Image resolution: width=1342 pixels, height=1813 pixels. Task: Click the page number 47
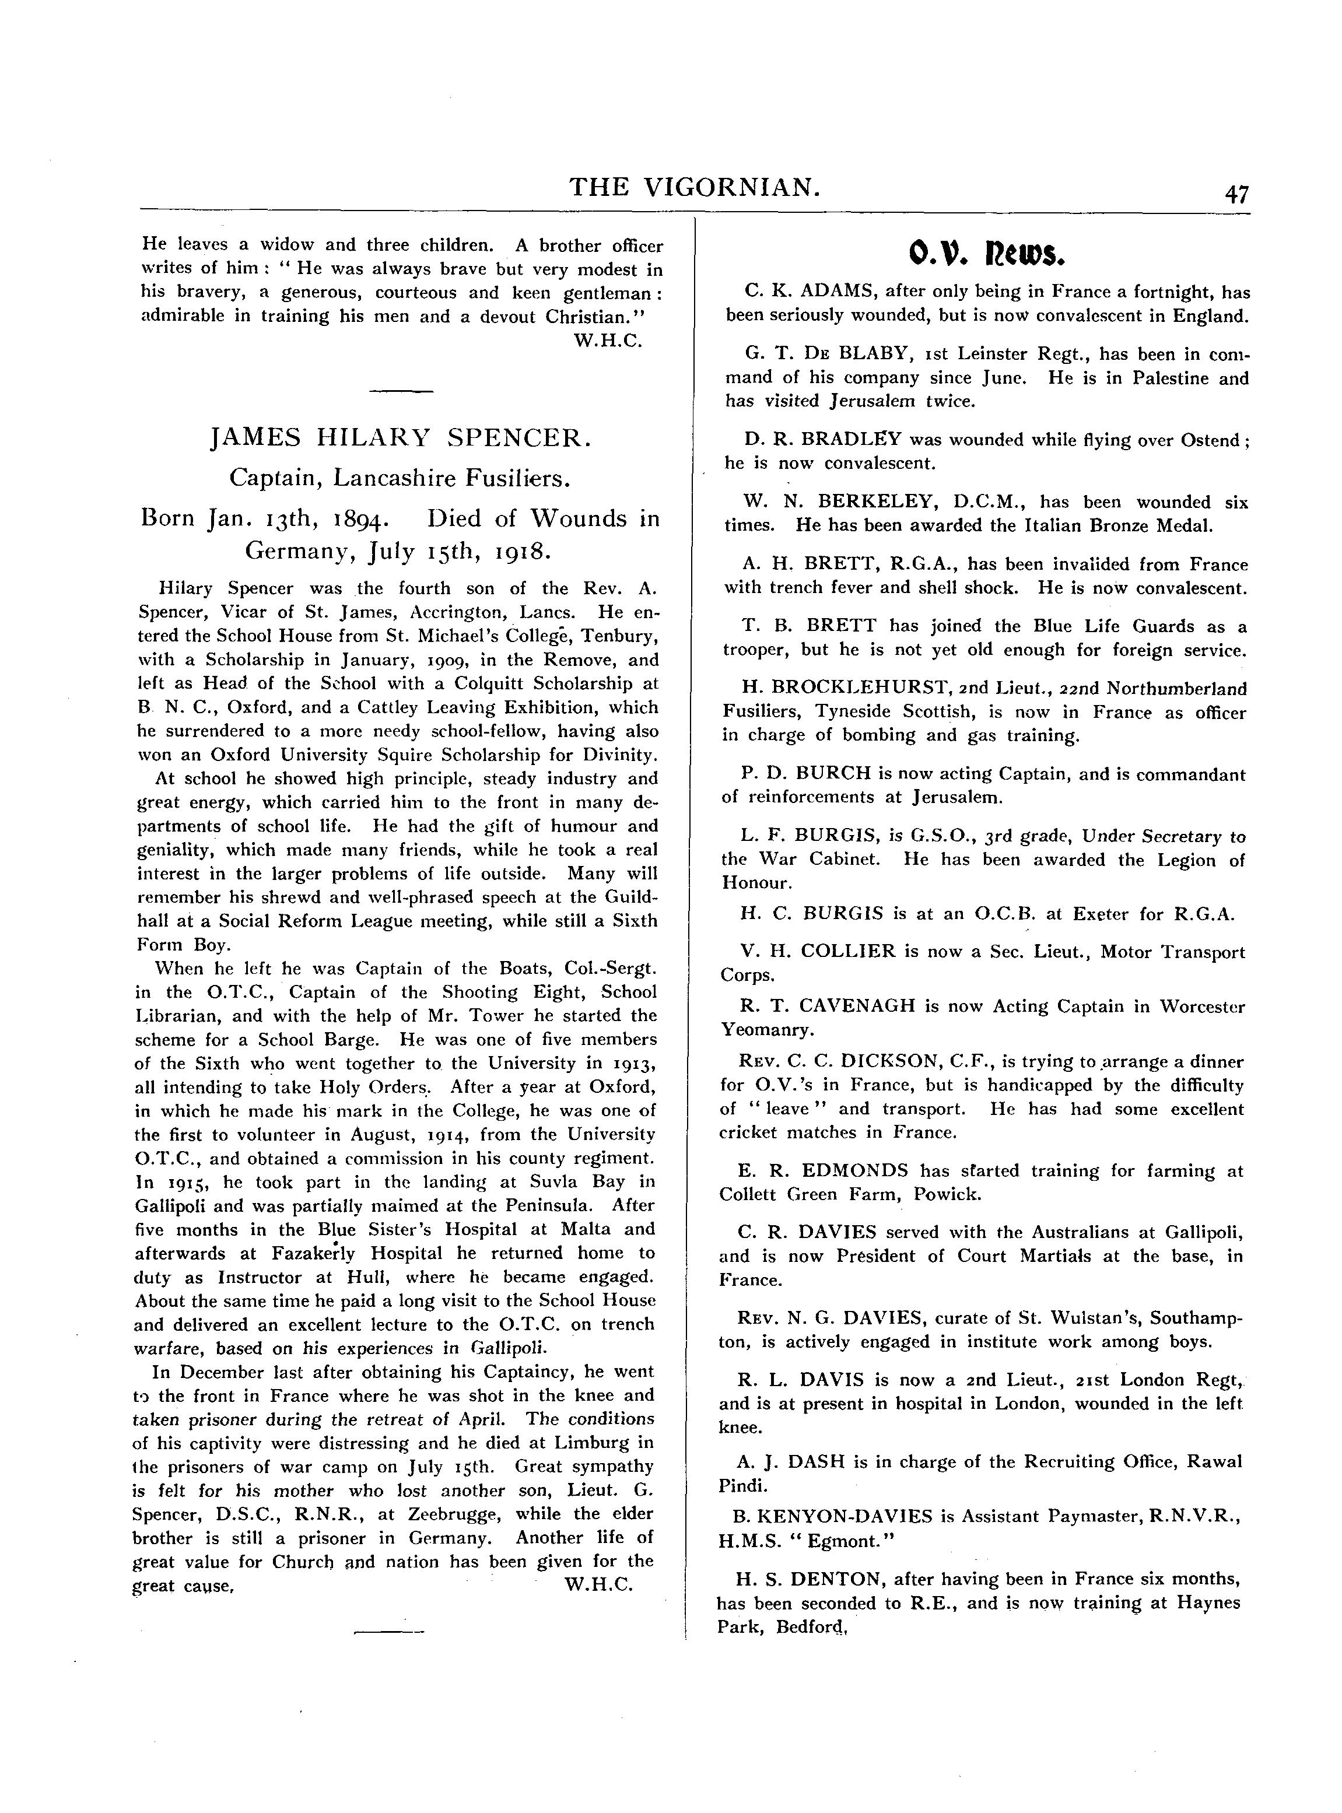point(1237,195)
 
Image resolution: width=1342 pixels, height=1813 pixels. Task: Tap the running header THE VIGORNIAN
point(695,188)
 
